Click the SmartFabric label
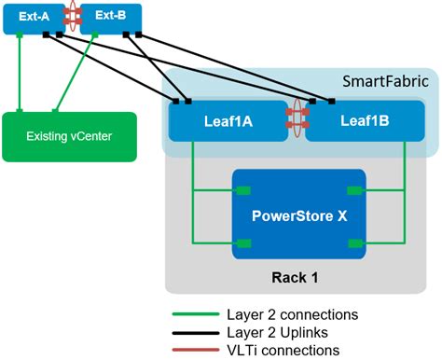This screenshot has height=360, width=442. (x=385, y=81)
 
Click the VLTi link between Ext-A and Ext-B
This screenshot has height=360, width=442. (x=69, y=18)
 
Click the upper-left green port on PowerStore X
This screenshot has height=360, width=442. (x=242, y=190)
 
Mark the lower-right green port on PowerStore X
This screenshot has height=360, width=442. (x=356, y=243)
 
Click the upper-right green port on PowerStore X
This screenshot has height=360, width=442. (x=356, y=190)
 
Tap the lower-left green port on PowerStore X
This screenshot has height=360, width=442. (x=242, y=243)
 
